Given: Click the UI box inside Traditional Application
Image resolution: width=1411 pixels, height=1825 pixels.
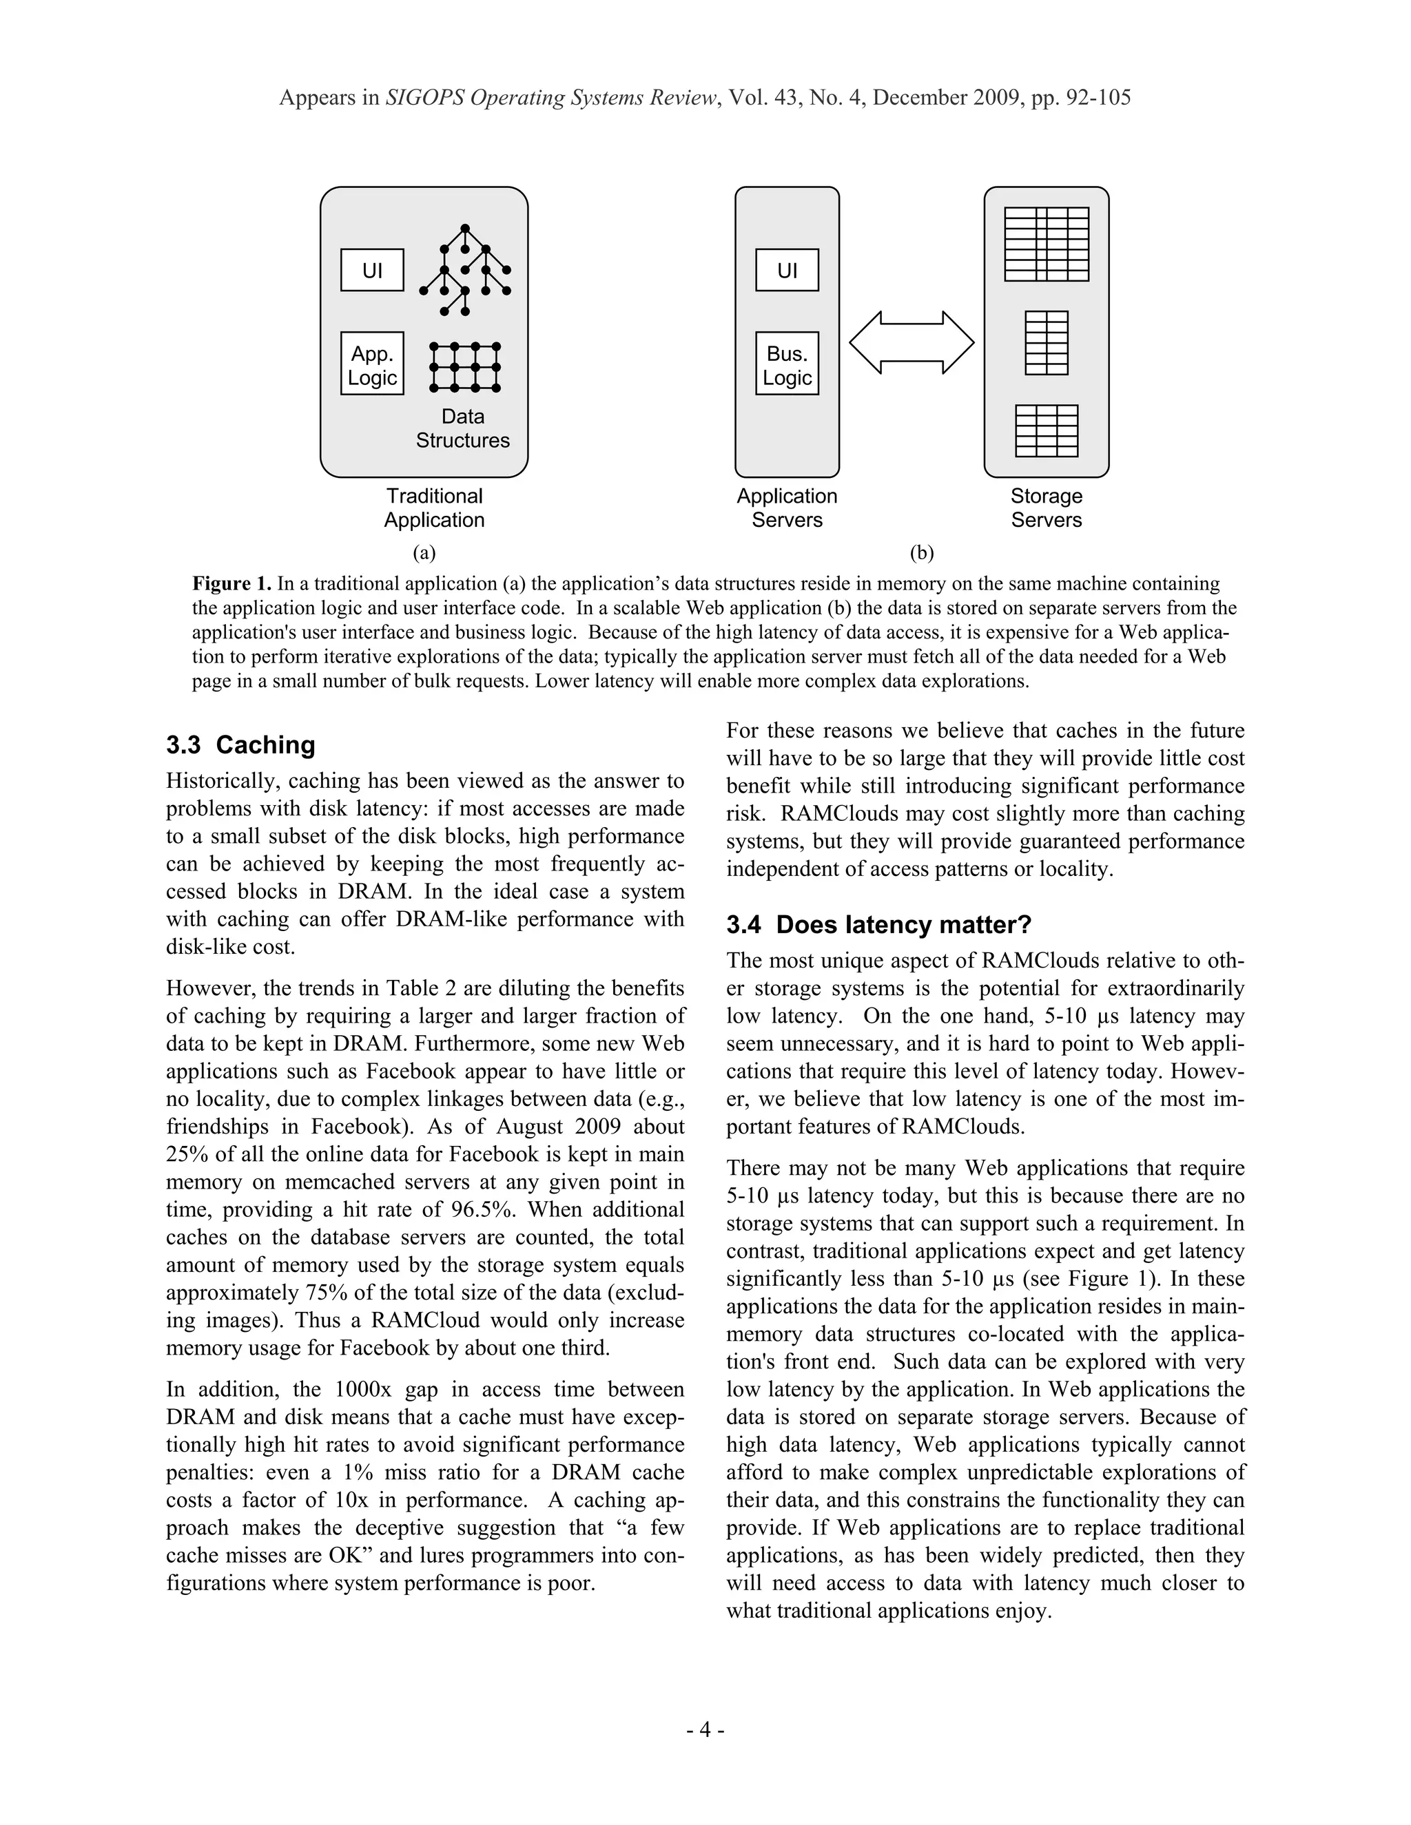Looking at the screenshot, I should coord(372,270).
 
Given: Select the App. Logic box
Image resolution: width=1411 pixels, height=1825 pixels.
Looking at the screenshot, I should coord(372,364).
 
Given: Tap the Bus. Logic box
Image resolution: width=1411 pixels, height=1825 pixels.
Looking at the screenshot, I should coord(787,364).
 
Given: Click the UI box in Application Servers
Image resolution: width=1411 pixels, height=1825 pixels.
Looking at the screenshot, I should coord(787,270).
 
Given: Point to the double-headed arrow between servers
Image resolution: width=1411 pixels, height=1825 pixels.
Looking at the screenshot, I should coord(911,342).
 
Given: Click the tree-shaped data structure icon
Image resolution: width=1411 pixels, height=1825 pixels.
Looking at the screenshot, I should coord(466,269).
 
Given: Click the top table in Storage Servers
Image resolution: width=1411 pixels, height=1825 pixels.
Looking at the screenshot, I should coord(1046,244).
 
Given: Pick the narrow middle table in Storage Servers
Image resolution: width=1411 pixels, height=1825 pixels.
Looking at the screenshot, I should coord(1046,342).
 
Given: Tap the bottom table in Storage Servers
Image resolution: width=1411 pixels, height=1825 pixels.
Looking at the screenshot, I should coord(1046,431).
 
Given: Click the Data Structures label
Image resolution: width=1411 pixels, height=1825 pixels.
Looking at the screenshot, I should coord(462,428).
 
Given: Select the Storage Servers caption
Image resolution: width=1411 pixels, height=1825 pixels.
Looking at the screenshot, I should coord(1046,508).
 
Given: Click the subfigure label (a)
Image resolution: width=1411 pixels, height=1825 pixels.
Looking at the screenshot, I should coord(424,552).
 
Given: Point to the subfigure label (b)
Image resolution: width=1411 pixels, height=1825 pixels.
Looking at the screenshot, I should coord(921,552).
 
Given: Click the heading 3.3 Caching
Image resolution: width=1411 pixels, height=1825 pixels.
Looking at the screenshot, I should coord(240,744).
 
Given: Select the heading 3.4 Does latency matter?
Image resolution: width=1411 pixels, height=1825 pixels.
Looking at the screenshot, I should coord(878,925).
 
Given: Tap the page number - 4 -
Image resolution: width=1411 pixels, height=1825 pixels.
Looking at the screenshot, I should coord(705,1729).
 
